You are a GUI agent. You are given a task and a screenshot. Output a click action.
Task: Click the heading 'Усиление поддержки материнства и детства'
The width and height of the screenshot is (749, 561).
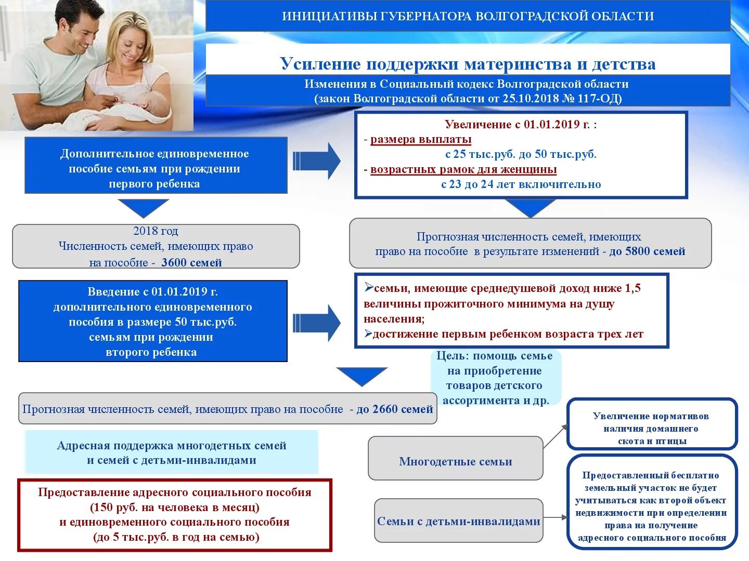tap(468, 64)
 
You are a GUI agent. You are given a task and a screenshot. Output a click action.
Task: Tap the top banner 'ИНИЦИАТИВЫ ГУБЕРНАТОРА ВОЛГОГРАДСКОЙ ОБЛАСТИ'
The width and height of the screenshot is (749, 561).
tap(468, 16)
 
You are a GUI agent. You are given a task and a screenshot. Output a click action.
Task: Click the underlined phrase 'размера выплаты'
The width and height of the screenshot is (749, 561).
tap(421, 139)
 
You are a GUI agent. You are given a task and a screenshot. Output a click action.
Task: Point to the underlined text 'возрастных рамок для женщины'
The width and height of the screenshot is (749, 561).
tap(463, 169)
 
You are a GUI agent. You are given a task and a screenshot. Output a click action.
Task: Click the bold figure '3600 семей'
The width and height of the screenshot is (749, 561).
tap(191, 263)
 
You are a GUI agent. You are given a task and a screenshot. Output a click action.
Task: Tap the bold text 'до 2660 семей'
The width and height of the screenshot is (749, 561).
tap(394, 409)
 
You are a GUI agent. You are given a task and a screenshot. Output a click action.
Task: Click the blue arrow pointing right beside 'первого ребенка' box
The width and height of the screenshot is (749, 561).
tap(316, 161)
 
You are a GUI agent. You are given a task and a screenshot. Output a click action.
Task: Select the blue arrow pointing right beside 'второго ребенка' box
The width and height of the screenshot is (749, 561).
tap(316, 323)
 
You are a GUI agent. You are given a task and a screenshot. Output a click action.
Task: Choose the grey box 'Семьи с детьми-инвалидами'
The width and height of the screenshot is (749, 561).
tap(458, 521)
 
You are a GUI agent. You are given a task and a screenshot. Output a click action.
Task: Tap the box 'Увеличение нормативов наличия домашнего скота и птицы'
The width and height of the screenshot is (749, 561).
tap(651, 429)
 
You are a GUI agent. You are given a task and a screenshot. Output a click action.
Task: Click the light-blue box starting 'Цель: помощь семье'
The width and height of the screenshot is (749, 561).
tap(496, 378)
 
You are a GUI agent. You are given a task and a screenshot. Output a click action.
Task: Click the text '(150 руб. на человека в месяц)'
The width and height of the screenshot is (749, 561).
tap(175, 507)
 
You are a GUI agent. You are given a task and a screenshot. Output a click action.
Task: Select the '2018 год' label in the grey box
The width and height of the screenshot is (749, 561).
tap(155, 231)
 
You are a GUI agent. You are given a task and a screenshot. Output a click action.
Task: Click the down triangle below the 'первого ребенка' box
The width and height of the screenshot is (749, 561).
tap(143, 207)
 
